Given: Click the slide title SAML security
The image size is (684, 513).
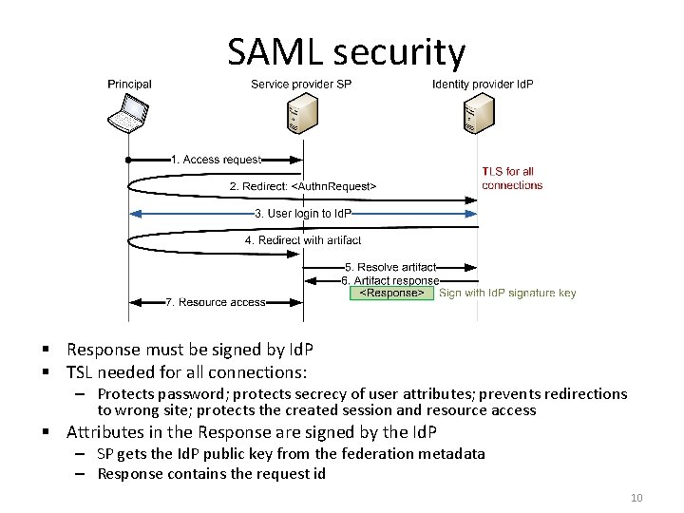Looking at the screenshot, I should coord(347,52).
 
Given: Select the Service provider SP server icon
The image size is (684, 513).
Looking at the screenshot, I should coord(302,116).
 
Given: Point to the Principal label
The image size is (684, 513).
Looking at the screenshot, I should coord(129,84).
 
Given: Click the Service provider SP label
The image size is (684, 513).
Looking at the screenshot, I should coord(301,84).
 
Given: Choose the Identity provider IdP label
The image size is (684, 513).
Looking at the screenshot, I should coord(483,84).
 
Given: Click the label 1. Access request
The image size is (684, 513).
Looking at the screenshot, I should coord(216,160).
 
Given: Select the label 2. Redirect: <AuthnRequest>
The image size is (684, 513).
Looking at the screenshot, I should coord(303,185).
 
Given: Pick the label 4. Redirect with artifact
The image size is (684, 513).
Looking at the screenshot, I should coord(296,240).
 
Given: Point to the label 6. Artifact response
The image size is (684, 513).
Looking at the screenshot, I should coord(389,280).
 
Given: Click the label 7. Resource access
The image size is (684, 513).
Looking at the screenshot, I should coord(216,302).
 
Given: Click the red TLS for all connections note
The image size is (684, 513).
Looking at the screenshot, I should coord(511,179).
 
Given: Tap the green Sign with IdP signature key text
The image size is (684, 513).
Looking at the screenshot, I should coord(507,294).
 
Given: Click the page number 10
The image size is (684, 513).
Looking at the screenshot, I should coord(636,498).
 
